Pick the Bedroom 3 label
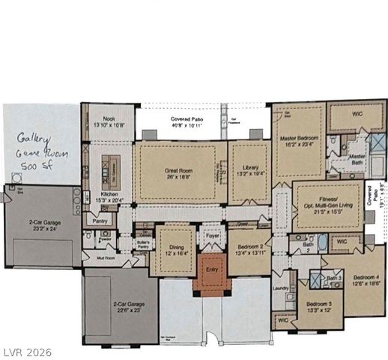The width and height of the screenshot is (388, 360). point(320,307)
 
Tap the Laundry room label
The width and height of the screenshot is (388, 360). point(282,286)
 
